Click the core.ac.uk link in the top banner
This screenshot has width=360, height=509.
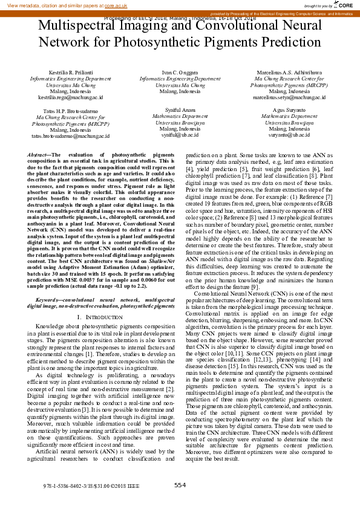tap(116, 5)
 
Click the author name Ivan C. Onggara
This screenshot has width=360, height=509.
tap(180, 73)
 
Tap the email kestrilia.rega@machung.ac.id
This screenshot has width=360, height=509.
tap(71, 97)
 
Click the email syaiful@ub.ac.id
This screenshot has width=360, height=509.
tap(180, 135)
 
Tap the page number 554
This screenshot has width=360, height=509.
tap(180, 484)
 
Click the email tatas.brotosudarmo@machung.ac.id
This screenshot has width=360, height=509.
tap(71, 136)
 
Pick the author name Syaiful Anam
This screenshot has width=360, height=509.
tap(180, 111)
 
